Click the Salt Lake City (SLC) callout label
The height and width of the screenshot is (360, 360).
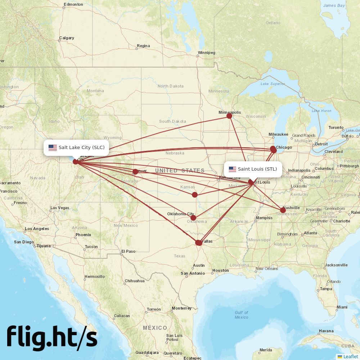click(76, 147)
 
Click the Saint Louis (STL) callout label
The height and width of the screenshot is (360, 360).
click(253, 169)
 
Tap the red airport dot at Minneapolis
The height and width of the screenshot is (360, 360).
click(229, 116)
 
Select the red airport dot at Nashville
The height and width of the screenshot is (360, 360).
click(283, 210)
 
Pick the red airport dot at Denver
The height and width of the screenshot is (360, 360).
click(135, 172)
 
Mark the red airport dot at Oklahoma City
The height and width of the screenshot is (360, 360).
click(193, 218)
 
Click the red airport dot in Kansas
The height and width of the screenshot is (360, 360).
click(195, 195)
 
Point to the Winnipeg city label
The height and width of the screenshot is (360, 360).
click(206, 53)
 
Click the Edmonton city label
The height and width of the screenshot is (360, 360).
click(73, 5)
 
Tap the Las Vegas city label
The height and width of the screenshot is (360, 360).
click(60, 208)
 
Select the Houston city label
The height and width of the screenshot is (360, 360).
click(220, 270)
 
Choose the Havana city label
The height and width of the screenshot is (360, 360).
click(326, 331)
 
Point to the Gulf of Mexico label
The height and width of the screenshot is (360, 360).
click(241, 315)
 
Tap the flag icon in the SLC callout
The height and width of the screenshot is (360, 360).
click(53, 147)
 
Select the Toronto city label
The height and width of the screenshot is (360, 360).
click(336, 127)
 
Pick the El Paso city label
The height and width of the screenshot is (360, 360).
click(128, 251)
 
